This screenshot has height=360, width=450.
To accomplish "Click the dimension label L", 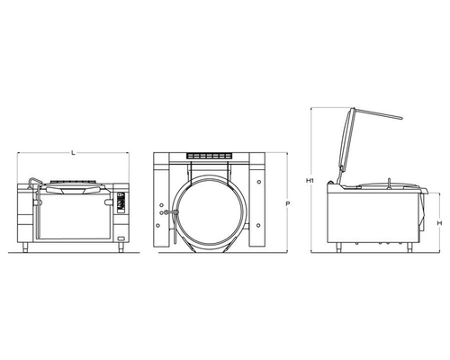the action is point(73,153).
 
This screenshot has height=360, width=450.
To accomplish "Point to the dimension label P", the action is point(287,203).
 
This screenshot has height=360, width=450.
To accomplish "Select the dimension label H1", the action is point(310,181).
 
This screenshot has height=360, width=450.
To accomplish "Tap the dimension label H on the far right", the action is point(439,223).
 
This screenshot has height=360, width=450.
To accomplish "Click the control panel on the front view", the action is point(121,202).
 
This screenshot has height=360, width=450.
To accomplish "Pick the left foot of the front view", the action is point(25,247).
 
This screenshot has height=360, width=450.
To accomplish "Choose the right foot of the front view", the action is point(121,247).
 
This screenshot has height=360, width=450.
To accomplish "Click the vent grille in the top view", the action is point(209,156).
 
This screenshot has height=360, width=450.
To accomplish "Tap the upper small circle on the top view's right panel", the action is point(259,182).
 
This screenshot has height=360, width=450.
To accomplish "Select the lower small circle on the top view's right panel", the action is point(258,225).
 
